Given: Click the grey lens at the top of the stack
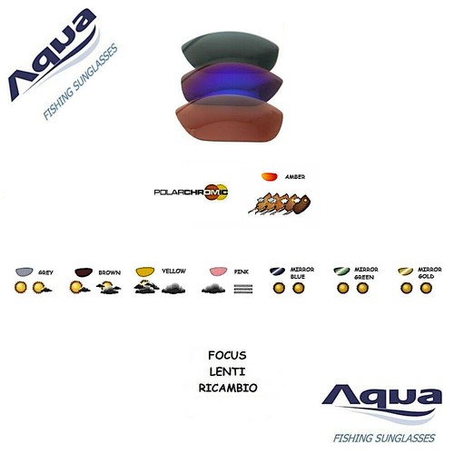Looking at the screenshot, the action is pyautogui.click(x=230, y=48).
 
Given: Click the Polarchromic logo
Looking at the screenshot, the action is pyautogui.click(x=192, y=192).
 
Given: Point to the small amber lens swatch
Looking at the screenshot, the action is pyautogui.click(x=270, y=176).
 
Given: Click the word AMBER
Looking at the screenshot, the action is pyautogui.click(x=295, y=177).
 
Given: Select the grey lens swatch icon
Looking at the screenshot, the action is pyautogui.click(x=25, y=271).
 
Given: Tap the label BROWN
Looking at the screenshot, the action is pyautogui.click(x=110, y=272).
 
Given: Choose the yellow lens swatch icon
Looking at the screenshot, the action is pyautogui.click(x=145, y=271).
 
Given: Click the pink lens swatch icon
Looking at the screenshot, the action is pyautogui.click(x=219, y=271).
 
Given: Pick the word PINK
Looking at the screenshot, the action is pyautogui.click(x=242, y=271).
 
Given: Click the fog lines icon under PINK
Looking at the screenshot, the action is pyautogui.click(x=243, y=289).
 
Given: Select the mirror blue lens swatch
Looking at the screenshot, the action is pyautogui.click(x=277, y=271).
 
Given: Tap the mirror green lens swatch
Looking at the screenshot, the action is pyautogui.click(x=341, y=271).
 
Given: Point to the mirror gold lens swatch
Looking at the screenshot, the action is pyautogui.click(x=406, y=271).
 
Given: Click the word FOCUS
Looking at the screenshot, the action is pyautogui.click(x=227, y=355).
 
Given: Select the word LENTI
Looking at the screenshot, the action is pyautogui.click(x=227, y=371).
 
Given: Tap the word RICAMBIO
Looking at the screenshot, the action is pyautogui.click(x=228, y=388).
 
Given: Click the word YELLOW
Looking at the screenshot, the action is pyautogui.click(x=173, y=271).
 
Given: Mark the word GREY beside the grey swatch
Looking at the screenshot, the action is pyautogui.click(x=46, y=272).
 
